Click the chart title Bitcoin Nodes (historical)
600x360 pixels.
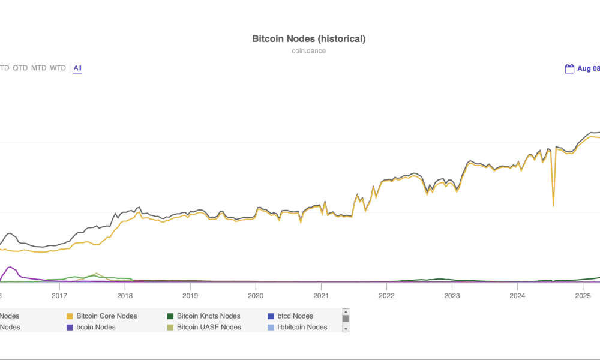click(308, 39)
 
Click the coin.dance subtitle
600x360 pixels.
click(308, 51)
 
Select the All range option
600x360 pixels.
click(77, 68)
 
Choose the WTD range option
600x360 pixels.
click(58, 68)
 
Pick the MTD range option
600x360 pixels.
click(38, 68)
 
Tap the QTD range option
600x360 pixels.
click(20, 68)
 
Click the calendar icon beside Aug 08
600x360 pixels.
click(569, 69)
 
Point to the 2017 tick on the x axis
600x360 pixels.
click(59, 295)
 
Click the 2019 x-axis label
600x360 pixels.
click(190, 295)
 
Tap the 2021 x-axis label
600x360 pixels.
click(321, 295)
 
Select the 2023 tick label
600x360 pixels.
click(452, 295)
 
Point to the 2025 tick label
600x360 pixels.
click(583, 295)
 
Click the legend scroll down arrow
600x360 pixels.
click(346, 329)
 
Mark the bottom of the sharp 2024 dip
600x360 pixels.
click(553, 206)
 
